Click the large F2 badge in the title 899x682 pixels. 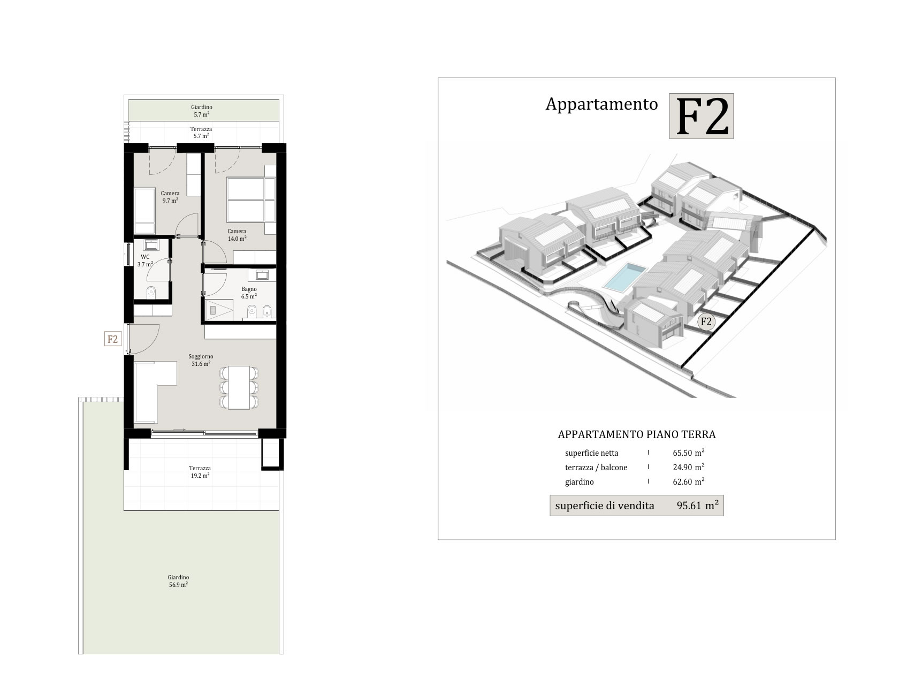pyautogui.click(x=701, y=116)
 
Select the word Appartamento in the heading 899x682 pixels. pyautogui.click(x=601, y=104)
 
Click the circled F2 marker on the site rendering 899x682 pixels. pyautogui.click(x=706, y=322)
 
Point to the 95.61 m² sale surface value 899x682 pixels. pyautogui.click(x=697, y=505)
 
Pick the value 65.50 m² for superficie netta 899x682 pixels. pyautogui.click(x=689, y=453)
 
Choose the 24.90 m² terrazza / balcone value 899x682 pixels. pyautogui.click(x=689, y=466)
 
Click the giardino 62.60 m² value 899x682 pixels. pyautogui.click(x=689, y=481)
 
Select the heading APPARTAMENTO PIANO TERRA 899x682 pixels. pyautogui.click(x=636, y=434)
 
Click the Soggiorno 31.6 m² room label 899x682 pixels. pyautogui.click(x=201, y=360)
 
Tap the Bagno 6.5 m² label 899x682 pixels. pyautogui.click(x=249, y=293)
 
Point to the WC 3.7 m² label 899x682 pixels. pyautogui.click(x=145, y=261)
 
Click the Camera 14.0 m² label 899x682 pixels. pyautogui.click(x=237, y=235)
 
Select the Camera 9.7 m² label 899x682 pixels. pyautogui.click(x=170, y=197)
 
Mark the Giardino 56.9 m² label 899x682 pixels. pyautogui.click(x=178, y=581)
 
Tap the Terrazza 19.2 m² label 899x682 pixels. pyautogui.click(x=200, y=472)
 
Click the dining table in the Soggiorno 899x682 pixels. pyautogui.click(x=239, y=387)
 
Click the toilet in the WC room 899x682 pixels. pyautogui.click(x=151, y=292)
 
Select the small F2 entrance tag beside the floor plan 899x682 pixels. pyautogui.click(x=112, y=339)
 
